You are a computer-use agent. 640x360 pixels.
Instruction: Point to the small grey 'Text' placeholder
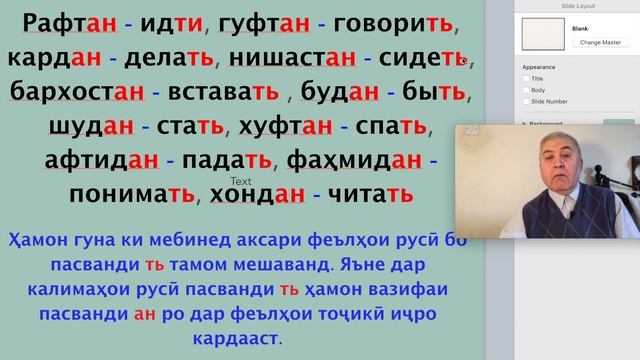pyautogui.click(x=240, y=181)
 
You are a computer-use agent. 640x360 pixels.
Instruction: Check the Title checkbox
pyautogui.click(x=526, y=78)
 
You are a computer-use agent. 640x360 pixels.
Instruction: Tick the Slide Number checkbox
pyautogui.click(x=526, y=101)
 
